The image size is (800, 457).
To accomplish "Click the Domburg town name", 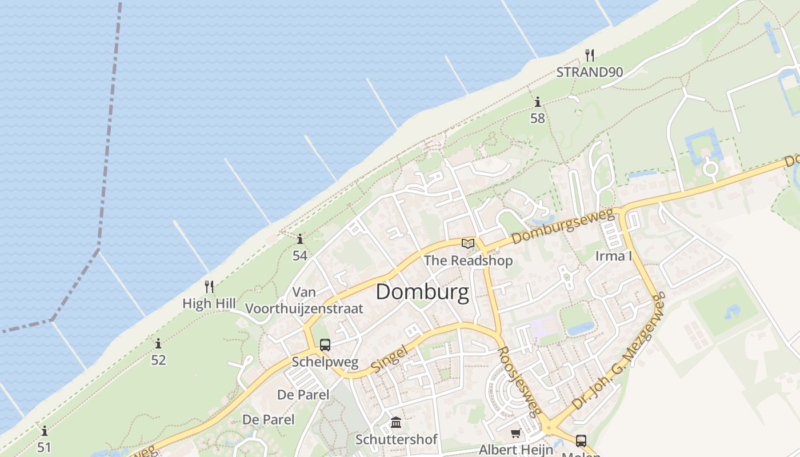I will coord(422,292).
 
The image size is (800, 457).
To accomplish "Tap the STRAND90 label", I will coord(590,72).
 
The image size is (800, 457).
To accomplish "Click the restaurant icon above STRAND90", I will coord(590,55).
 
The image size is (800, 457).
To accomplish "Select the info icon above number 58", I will coord(537,102).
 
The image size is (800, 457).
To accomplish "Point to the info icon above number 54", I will coord(299,239).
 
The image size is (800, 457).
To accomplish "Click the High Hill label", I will coord(209,303).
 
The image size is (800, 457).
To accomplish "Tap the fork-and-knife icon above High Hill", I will coord(209,286).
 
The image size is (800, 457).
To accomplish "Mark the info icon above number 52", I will coord(158,344).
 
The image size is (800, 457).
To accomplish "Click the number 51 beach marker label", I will coord(44,447).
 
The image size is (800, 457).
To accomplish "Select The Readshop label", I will coord(468,260).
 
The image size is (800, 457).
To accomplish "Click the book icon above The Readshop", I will coord(468,243).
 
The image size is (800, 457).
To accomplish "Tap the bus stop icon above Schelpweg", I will coord(325,345).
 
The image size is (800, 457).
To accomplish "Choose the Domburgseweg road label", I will coord(563,226).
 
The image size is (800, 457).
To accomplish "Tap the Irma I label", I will coord(614,256).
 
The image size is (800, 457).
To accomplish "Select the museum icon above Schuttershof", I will coord(395,423).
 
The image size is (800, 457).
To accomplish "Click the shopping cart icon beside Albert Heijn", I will coord(516,433).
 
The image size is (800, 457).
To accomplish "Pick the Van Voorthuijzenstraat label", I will coord(304,300).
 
